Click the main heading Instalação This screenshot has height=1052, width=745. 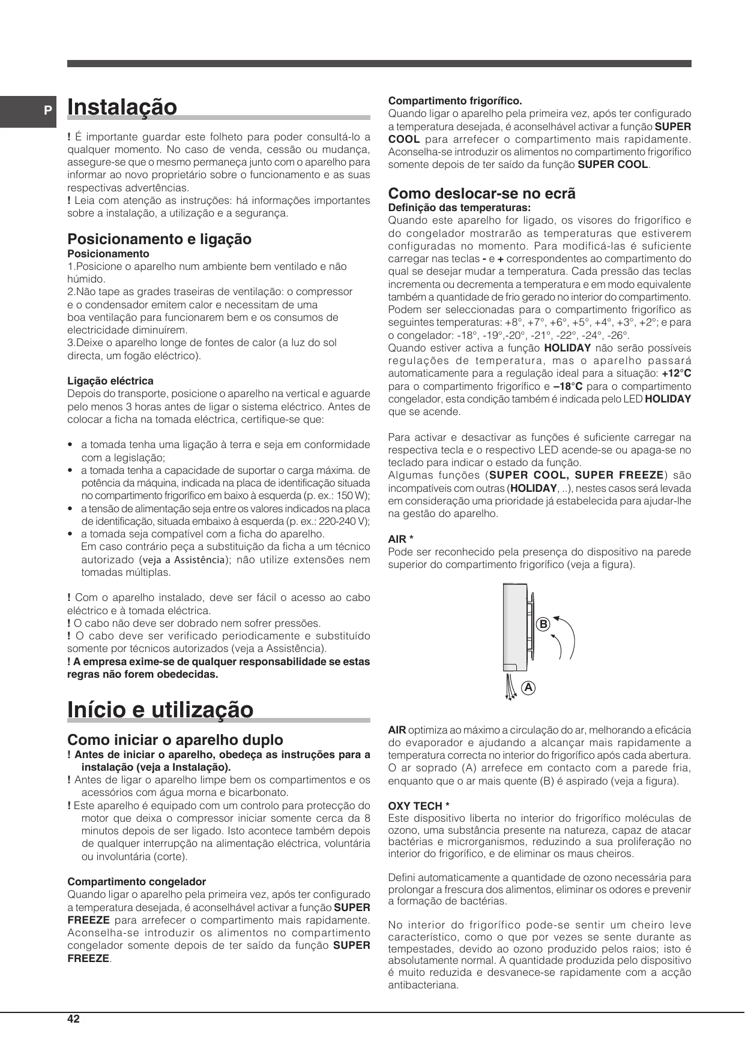coord(122,107)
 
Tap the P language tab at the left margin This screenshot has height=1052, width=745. coord(47,111)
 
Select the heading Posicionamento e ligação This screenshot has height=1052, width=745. coord(159,239)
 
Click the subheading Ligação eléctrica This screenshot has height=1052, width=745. coord(110,381)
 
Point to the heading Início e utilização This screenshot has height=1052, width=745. coord(160,710)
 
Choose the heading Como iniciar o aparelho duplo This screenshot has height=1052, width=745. coord(175,740)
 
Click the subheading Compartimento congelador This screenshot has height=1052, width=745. coord(136,882)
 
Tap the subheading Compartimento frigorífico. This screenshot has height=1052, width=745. coord(455,101)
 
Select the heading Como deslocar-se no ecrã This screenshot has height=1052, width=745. coord(481,194)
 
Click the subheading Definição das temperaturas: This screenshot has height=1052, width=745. coord(459,208)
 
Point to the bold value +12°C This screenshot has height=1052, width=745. coord(676,374)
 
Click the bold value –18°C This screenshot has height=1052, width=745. coord(568,386)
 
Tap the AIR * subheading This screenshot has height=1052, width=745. coord(400,539)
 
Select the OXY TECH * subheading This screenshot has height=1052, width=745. coord(418,806)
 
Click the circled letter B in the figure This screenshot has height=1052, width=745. coord(543,624)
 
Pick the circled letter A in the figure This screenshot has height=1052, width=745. coord(528,688)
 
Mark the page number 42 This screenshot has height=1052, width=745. coord(73,1019)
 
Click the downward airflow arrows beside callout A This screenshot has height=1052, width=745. coord(511,687)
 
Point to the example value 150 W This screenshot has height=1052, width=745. coord(352,496)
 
